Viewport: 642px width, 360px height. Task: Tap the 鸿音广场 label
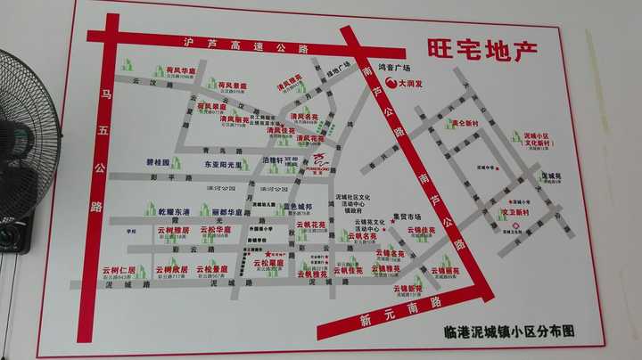click(392, 67)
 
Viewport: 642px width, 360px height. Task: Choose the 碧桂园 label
click(157, 165)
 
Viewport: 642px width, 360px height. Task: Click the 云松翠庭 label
click(267, 263)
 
